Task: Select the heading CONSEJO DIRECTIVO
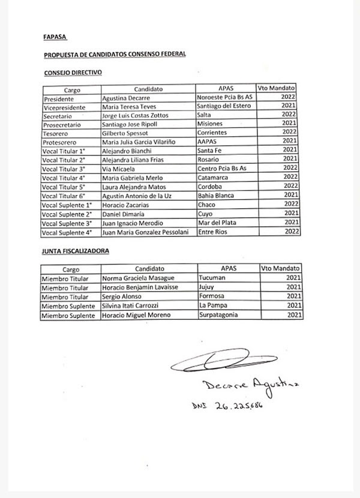tap(73, 72)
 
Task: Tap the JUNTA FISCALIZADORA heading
tap(76, 251)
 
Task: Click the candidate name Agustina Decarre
tap(125, 98)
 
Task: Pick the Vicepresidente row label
tap(64, 106)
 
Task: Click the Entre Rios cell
tap(213, 232)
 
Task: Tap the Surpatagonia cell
tap(220, 315)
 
